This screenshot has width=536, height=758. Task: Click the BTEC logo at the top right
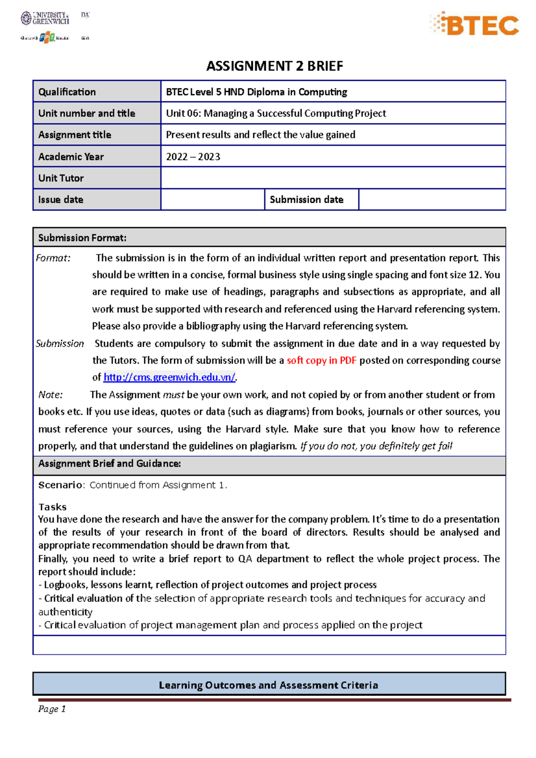click(475, 24)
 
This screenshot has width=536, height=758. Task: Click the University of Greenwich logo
click(45, 18)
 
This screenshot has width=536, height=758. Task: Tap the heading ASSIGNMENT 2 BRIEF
click(274, 66)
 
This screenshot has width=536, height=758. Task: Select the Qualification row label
click(67, 92)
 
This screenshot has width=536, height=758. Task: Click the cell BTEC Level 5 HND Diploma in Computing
click(256, 92)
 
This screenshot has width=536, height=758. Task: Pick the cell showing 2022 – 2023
click(193, 157)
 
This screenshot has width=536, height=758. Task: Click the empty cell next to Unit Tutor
click(333, 178)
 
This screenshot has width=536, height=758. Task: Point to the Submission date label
click(306, 200)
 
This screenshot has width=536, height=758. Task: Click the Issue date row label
click(61, 200)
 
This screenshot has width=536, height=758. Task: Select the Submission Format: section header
click(82, 238)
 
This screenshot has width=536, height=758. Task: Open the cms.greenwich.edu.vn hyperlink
click(169, 377)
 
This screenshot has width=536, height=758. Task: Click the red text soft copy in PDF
click(321, 360)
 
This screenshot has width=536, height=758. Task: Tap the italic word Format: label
click(53, 258)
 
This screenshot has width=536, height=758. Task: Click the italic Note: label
click(50, 395)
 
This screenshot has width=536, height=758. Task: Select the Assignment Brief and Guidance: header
click(109, 463)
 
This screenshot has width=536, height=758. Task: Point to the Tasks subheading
click(52, 507)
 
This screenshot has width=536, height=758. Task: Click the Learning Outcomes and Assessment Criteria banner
click(268, 685)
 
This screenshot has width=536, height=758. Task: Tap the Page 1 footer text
click(52, 709)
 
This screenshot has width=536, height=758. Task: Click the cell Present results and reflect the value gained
click(260, 135)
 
